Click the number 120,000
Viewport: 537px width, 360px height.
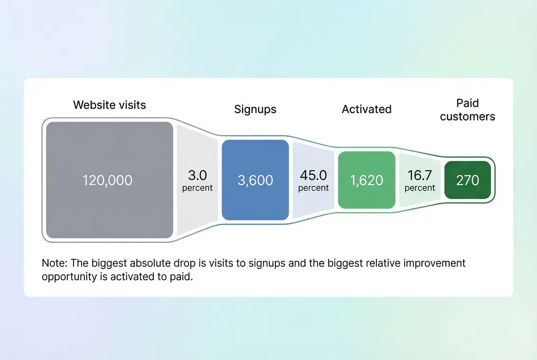pos(107,180)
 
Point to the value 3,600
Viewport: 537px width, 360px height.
pos(255,180)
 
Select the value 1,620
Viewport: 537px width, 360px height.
pos(366,180)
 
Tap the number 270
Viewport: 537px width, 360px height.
pos(467,180)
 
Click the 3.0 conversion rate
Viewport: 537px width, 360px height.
pos(197,175)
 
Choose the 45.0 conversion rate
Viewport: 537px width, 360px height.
pos(314,175)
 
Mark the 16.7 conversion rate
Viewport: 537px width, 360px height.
pos(420,175)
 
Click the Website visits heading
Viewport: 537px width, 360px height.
pos(109,105)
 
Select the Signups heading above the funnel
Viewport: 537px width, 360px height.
pos(255,109)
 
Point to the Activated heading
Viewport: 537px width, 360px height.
pos(366,109)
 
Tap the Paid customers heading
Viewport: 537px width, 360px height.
pos(467,110)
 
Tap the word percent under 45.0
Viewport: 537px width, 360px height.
pos(314,188)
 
